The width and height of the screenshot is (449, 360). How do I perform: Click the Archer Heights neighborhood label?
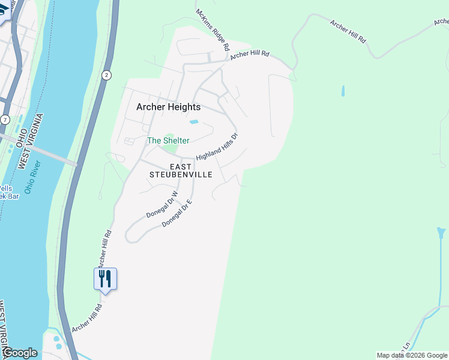point(168,107)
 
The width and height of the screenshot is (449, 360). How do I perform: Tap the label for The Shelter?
point(169,140)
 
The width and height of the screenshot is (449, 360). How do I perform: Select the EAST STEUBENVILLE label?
point(181,170)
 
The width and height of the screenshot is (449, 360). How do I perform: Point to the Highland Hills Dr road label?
point(217,146)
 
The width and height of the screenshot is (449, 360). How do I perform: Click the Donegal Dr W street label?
point(162,205)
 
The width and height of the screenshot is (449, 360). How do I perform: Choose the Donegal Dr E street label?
point(176,214)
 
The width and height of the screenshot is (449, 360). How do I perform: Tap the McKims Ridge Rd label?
point(213,29)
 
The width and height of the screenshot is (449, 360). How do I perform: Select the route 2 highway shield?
point(106,74)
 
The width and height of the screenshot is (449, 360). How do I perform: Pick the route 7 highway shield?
point(5,119)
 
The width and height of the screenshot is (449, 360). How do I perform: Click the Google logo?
point(20,353)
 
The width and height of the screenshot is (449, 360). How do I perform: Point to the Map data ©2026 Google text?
point(412,355)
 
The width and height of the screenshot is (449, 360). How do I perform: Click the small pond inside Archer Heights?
point(194,122)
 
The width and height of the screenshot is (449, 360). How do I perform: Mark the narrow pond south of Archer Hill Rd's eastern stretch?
point(343,91)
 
